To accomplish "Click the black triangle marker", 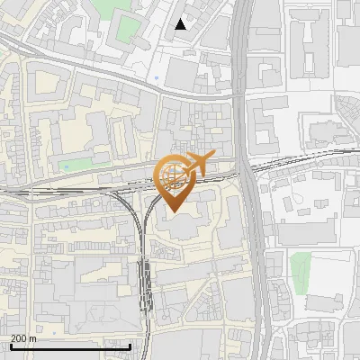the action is (181, 24).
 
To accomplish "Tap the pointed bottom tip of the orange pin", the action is (173, 212).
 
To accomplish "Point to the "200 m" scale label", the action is (22, 338).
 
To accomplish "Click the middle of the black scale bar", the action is (70, 346).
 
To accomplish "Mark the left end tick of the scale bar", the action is (10, 345).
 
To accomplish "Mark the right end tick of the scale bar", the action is (130, 345).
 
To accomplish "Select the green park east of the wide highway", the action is (301, 267).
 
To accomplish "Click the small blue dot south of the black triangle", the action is (157, 77).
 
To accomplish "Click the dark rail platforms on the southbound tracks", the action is (144, 279).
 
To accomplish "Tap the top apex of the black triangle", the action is (181, 19).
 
